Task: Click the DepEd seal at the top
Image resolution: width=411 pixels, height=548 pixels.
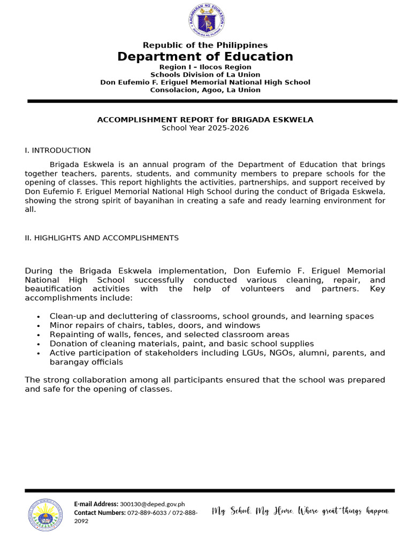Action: [x=206, y=21]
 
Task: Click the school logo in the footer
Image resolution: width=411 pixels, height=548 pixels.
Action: [x=45, y=514]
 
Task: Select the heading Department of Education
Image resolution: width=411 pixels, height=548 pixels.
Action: [x=205, y=57]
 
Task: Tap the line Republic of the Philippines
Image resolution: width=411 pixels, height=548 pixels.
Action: [x=205, y=45]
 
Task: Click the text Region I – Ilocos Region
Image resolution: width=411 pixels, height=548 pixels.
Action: [x=205, y=67]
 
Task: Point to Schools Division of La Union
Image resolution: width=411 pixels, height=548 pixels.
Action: [x=205, y=75]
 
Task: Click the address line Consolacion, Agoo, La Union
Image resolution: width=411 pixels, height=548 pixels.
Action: [x=205, y=90]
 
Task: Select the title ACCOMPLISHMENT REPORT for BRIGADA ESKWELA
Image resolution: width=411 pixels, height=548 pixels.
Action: [x=205, y=120]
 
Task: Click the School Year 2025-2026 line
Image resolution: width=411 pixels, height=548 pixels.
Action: [x=205, y=128]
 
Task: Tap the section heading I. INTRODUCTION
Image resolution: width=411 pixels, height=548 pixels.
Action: [x=58, y=150]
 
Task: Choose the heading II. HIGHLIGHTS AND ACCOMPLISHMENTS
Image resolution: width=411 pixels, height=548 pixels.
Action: [x=102, y=238]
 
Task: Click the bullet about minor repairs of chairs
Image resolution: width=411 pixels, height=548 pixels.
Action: [x=155, y=325]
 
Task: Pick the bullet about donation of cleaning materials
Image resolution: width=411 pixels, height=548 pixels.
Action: [x=181, y=344]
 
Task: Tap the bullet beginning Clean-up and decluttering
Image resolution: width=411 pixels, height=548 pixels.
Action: [x=211, y=316]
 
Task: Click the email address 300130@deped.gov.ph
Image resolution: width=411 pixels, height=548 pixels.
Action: [x=153, y=504]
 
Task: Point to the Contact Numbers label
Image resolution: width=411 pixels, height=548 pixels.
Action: [x=100, y=513]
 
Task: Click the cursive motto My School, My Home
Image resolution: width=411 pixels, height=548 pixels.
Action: [x=300, y=511]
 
